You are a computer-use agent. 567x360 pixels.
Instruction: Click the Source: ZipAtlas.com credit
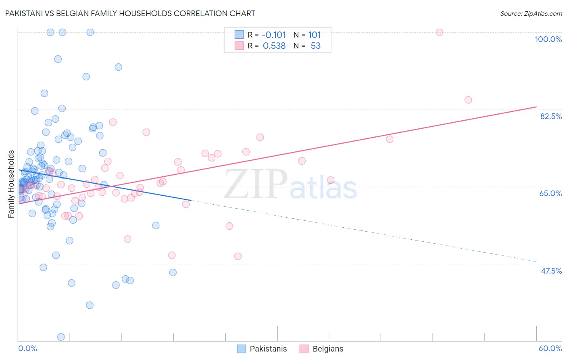point(531,14)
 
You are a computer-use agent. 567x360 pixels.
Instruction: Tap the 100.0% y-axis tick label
point(548,39)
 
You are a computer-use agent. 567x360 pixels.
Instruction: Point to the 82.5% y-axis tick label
point(551,116)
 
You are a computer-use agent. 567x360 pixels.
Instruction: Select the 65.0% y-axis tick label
point(550,193)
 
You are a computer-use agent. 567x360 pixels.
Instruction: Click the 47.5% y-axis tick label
point(551,271)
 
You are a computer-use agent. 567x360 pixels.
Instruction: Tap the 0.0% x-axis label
point(27,348)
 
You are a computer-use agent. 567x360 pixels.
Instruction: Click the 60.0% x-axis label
point(550,348)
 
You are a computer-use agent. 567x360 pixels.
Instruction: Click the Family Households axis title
point(11,184)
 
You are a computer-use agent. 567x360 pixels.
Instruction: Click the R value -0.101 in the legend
point(274,35)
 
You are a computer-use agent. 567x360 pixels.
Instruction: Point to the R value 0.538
point(274,46)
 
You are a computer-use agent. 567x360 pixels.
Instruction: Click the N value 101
point(315,35)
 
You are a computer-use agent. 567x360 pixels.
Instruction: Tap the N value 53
point(315,46)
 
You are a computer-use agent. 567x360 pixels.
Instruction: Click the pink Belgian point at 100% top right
point(440,32)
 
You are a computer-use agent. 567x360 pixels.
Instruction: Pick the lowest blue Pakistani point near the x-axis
point(61,337)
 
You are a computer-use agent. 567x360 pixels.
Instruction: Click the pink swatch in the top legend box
point(239,46)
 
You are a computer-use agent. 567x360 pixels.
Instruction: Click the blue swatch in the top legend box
point(239,35)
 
